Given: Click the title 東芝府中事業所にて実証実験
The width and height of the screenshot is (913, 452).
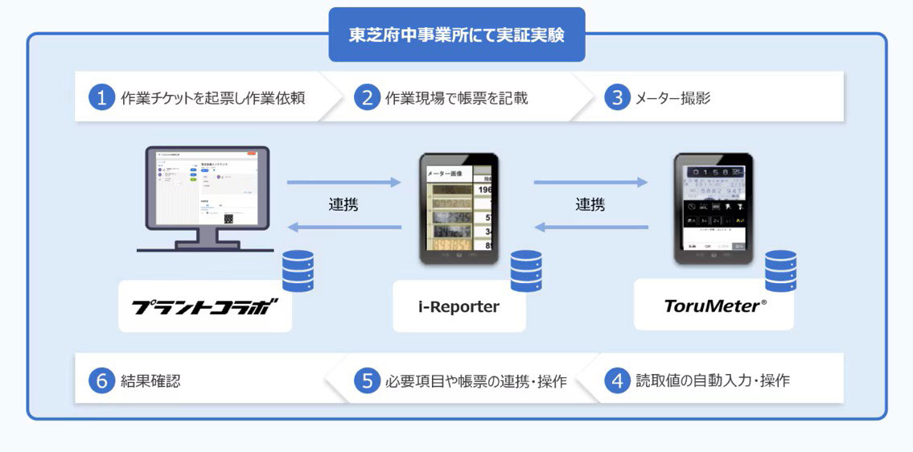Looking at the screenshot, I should pyautogui.click(x=456, y=36).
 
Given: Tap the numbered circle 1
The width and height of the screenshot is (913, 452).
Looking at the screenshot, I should pyautogui.click(x=101, y=98).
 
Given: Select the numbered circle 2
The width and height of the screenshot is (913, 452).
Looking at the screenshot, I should pyautogui.click(x=367, y=98).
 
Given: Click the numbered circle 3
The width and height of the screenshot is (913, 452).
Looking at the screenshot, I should pyautogui.click(x=617, y=98).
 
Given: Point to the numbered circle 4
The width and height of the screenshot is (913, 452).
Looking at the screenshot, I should pyautogui.click(x=617, y=380).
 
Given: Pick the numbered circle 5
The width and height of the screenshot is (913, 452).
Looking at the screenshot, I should pyautogui.click(x=367, y=380).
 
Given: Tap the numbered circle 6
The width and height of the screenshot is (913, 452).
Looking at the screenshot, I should pyautogui.click(x=101, y=380).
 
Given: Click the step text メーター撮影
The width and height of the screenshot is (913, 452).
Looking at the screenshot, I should pyautogui.click(x=672, y=98).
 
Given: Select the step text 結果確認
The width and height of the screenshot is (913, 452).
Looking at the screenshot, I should pyautogui.click(x=150, y=380).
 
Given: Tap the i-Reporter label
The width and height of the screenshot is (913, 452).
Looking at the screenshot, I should pyautogui.click(x=459, y=306).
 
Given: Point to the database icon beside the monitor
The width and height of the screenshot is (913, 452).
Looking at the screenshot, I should pyautogui.click(x=298, y=271).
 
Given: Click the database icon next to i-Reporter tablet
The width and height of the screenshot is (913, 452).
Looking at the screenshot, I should pyautogui.click(x=526, y=271).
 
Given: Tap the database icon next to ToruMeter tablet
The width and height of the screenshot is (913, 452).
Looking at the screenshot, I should pyautogui.click(x=779, y=271).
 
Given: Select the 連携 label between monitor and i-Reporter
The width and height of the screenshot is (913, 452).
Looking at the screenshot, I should pyautogui.click(x=343, y=205).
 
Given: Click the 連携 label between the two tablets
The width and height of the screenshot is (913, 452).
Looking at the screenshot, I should pyautogui.click(x=590, y=205).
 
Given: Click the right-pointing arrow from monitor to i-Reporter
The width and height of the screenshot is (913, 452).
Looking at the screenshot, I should pyautogui.click(x=343, y=183).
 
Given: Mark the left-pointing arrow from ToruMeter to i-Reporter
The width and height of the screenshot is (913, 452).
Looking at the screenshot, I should pyautogui.click(x=590, y=228).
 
